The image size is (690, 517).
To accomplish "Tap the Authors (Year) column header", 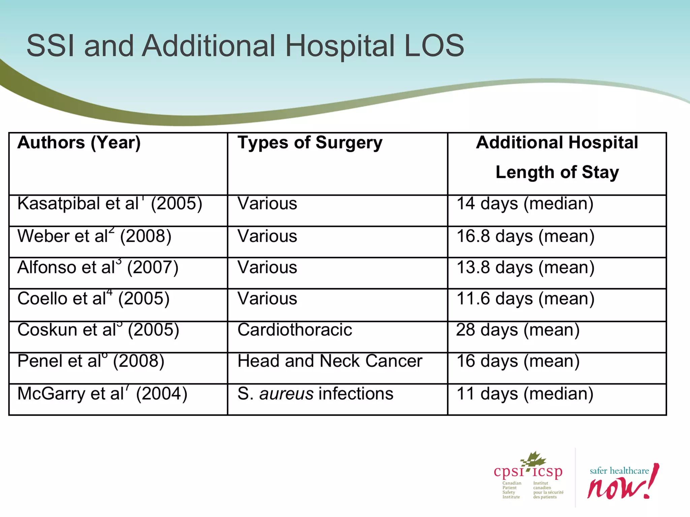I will click(x=79, y=143).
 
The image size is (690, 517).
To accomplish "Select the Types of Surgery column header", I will click(x=310, y=143).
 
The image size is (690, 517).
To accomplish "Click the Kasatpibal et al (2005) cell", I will click(x=110, y=204).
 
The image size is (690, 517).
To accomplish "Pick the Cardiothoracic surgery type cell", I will click(x=295, y=330).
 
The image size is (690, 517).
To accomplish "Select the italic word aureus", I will click(x=286, y=394).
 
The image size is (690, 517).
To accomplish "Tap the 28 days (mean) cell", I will click(x=517, y=330).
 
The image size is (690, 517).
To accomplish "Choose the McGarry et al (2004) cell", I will click(x=102, y=394).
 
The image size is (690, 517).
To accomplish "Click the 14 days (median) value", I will click(x=525, y=204).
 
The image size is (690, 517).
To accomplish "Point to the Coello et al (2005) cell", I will click(x=93, y=299).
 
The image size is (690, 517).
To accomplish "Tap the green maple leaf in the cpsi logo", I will click(x=534, y=459).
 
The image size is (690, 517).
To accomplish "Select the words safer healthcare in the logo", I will click(x=619, y=471).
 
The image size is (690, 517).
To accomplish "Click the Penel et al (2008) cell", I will click(x=91, y=361).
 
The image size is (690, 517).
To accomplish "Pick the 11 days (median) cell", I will click(x=525, y=394).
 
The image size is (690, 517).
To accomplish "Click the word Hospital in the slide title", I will click(x=340, y=46).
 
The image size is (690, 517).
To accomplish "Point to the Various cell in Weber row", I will click(x=267, y=236).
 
